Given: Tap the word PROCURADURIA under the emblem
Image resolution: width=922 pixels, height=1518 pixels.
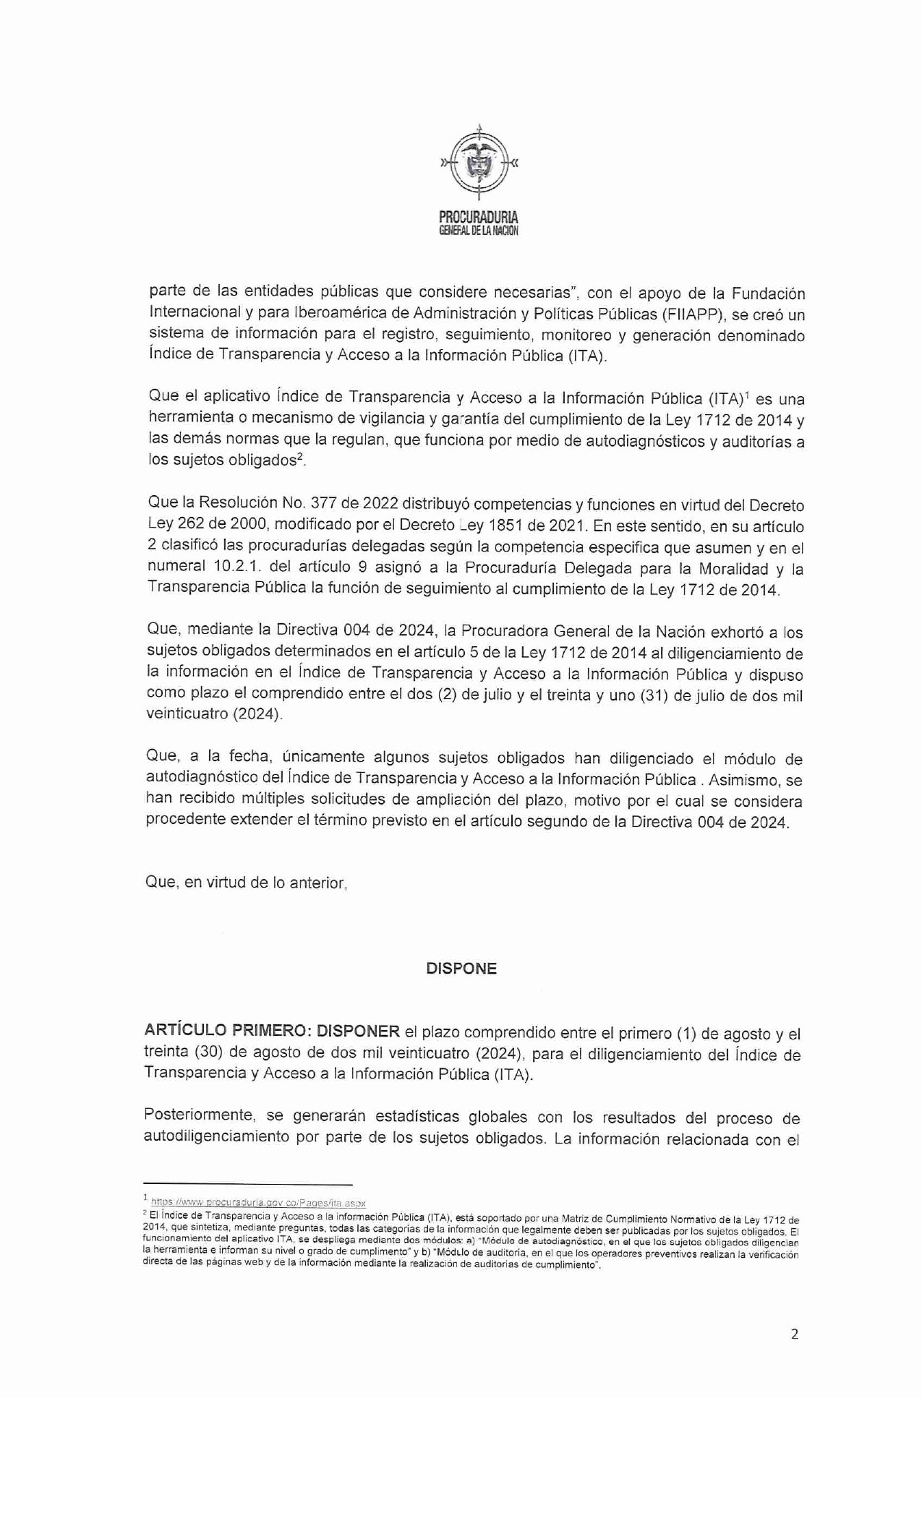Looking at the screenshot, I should (x=479, y=216).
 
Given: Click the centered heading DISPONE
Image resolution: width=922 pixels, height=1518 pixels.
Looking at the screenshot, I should (x=461, y=969).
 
